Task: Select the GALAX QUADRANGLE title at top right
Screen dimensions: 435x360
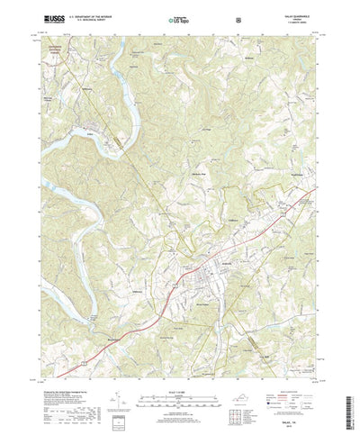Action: click(x=299, y=14)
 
